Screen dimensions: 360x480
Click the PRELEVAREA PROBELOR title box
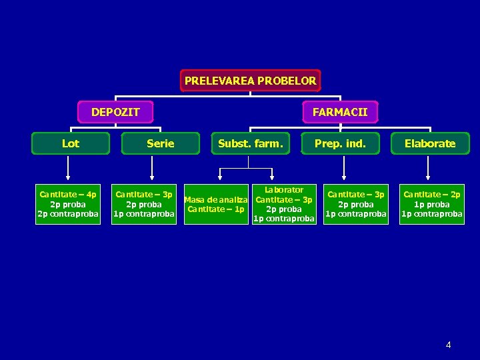coord(250,81)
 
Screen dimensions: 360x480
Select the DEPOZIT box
coord(115,112)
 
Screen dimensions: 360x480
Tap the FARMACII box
coord(340,112)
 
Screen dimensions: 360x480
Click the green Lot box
coord(71,143)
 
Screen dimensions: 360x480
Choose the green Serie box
coord(160,143)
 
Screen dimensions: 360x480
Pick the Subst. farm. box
coord(251,143)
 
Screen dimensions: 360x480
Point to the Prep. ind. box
coord(340,143)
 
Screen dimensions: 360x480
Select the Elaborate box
coord(430,143)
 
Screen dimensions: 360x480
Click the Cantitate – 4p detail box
coord(68,204)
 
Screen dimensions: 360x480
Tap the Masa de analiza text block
coord(216,199)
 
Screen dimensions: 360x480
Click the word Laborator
coord(284,190)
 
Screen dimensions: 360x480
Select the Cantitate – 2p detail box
coord(431,204)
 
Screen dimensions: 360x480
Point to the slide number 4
coord(449,345)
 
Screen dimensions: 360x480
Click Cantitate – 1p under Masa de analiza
coord(216,209)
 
